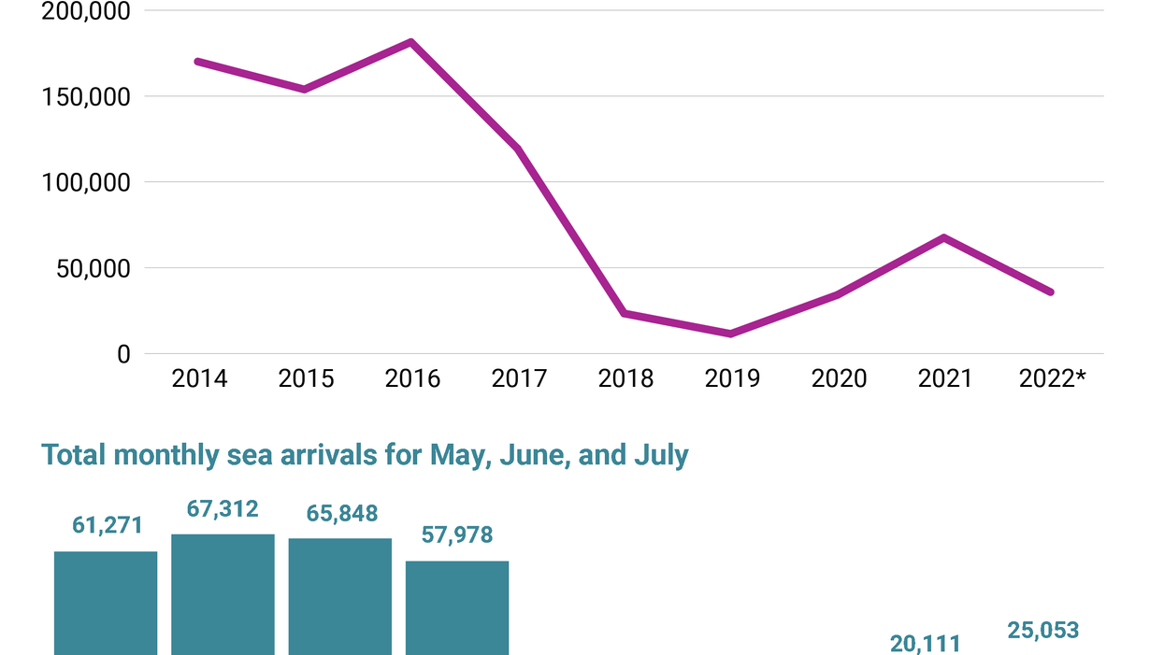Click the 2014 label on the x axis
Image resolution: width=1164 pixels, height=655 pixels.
(199, 378)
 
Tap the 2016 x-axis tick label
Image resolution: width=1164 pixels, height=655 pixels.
(412, 378)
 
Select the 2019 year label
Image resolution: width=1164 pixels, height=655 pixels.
(732, 378)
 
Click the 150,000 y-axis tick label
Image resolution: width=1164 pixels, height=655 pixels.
(84, 97)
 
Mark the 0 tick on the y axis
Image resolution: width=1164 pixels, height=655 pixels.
(123, 355)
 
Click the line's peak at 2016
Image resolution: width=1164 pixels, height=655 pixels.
(411, 42)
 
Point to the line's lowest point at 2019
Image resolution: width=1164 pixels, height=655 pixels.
(730, 334)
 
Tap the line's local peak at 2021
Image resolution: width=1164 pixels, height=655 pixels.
(944, 237)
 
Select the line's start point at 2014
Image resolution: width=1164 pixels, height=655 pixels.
(198, 62)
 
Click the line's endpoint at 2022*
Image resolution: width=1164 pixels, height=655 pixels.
(1051, 292)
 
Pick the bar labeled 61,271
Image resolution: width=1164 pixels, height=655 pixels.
(106, 603)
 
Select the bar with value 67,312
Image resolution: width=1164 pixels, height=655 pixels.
(223, 594)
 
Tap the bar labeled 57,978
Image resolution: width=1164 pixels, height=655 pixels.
(457, 607)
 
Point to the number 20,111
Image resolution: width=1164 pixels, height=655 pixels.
(925, 643)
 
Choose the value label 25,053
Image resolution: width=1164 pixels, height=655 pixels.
(1042, 631)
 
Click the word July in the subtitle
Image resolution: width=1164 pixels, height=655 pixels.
(660, 455)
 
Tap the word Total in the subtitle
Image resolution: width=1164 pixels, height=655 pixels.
(74, 455)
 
